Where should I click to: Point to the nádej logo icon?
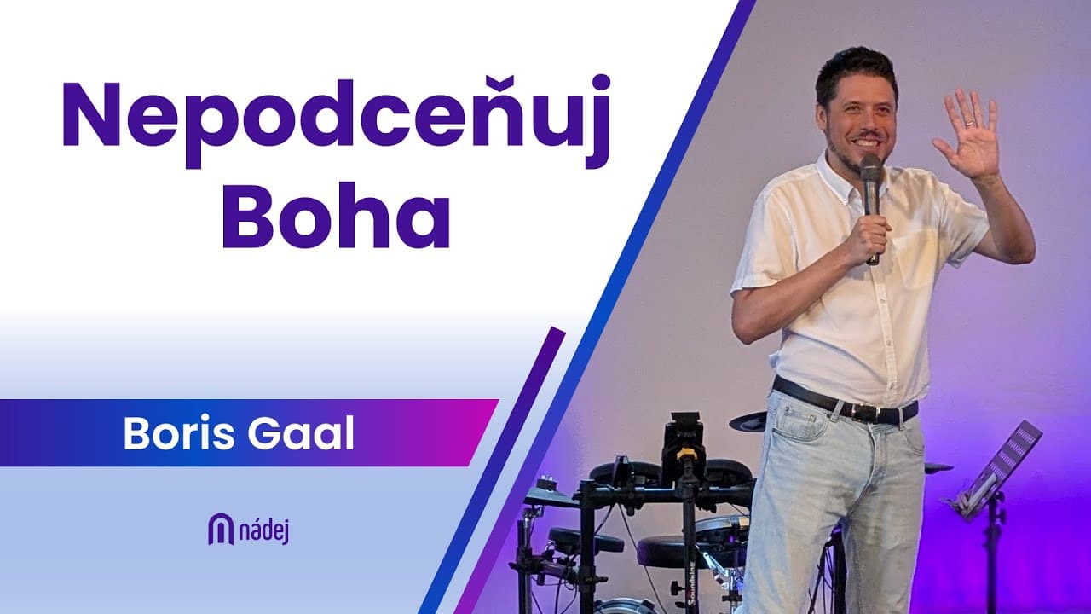click(x=221, y=529)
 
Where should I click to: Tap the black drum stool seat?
click(x=586, y=540)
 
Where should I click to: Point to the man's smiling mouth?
click(x=868, y=138)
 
